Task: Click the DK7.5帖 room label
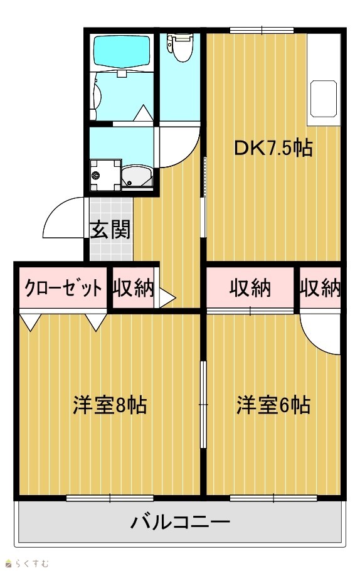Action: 273,148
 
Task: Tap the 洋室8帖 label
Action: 110,405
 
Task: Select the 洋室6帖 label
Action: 273,405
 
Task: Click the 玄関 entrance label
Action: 110,230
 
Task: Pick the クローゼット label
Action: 63,288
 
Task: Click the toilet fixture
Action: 180,47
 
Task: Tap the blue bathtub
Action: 122,51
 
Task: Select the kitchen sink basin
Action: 323,99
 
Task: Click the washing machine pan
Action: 105,175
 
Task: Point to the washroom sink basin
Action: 137,176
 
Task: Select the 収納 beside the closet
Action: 133,288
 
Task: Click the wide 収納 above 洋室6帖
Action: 250,288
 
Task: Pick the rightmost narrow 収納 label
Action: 320,288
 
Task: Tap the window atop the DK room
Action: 262,30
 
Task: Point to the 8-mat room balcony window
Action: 110,498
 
